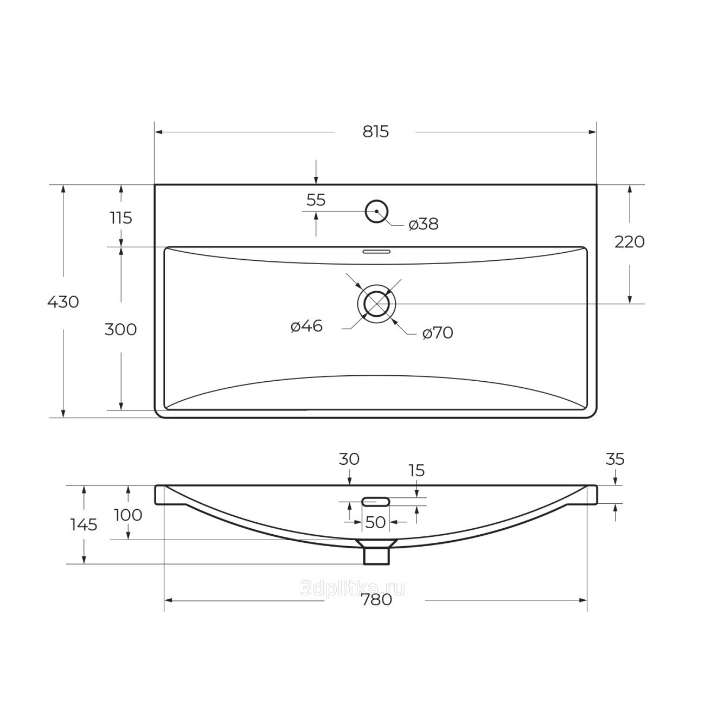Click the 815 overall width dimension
tap(375, 132)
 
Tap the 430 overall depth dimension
tap(63, 302)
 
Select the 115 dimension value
tap(121, 218)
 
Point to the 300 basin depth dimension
tap(121, 330)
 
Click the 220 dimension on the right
tap(629, 242)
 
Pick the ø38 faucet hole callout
tap(424, 225)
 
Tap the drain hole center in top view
tap(376, 304)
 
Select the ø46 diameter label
tap(306, 326)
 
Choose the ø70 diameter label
tap(438, 333)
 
